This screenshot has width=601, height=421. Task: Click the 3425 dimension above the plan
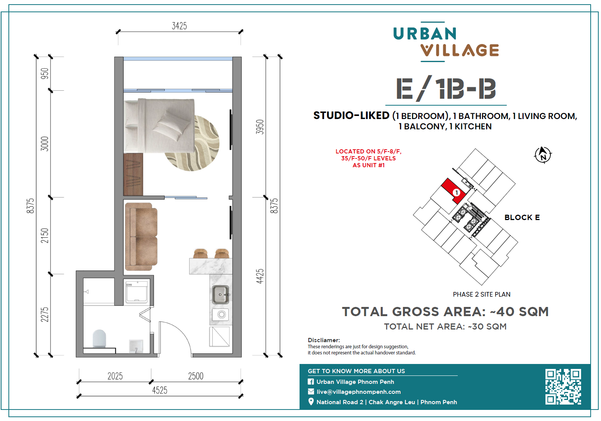pyautogui.click(x=179, y=26)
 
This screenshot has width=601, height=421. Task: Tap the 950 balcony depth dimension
pyautogui.click(x=44, y=73)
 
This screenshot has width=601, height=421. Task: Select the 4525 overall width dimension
pyautogui.click(x=160, y=390)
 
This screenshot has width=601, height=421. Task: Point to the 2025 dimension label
pyautogui.click(x=115, y=376)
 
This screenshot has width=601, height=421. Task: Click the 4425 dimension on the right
pyautogui.click(x=260, y=276)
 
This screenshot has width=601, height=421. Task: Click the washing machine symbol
pyautogui.click(x=137, y=292)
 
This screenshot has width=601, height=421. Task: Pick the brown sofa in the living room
pyautogui.click(x=141, y=237)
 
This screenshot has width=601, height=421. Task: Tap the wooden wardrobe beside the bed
pyautogui.click(x=133, y=174)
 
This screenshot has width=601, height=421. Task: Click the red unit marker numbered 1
pyautogui.click(x=456, y=193)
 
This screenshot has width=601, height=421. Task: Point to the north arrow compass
pyautogui.click(x=543, y=155)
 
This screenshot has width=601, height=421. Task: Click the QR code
pyautogui.click(x=563, y=387)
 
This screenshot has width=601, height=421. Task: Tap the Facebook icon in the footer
pyautogui.click(x=311, y=382)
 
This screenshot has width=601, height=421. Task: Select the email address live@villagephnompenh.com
pyautogui.click(x=359, y=392)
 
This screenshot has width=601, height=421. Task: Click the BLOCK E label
pyautogui.click(x=522, y=217)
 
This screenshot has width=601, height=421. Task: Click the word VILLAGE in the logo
pyautogui.click(x=460, y=50)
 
